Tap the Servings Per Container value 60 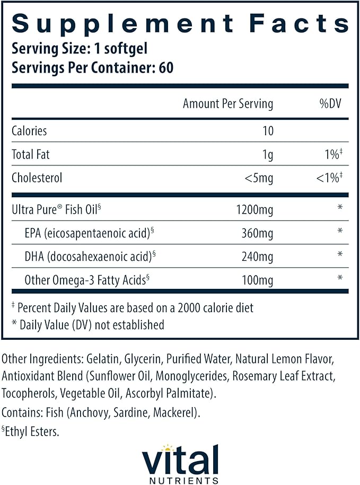click(x=166, y=68)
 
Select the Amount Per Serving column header click(x=228, y=104)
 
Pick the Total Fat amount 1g click(x=267, y=155)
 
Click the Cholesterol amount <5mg click(x=259, y=178)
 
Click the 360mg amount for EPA click(x=259, y=233)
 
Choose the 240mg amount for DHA click(x=259, y=257)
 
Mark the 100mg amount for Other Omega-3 click(x=259, y=279)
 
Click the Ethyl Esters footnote click(x=33, y=431)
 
